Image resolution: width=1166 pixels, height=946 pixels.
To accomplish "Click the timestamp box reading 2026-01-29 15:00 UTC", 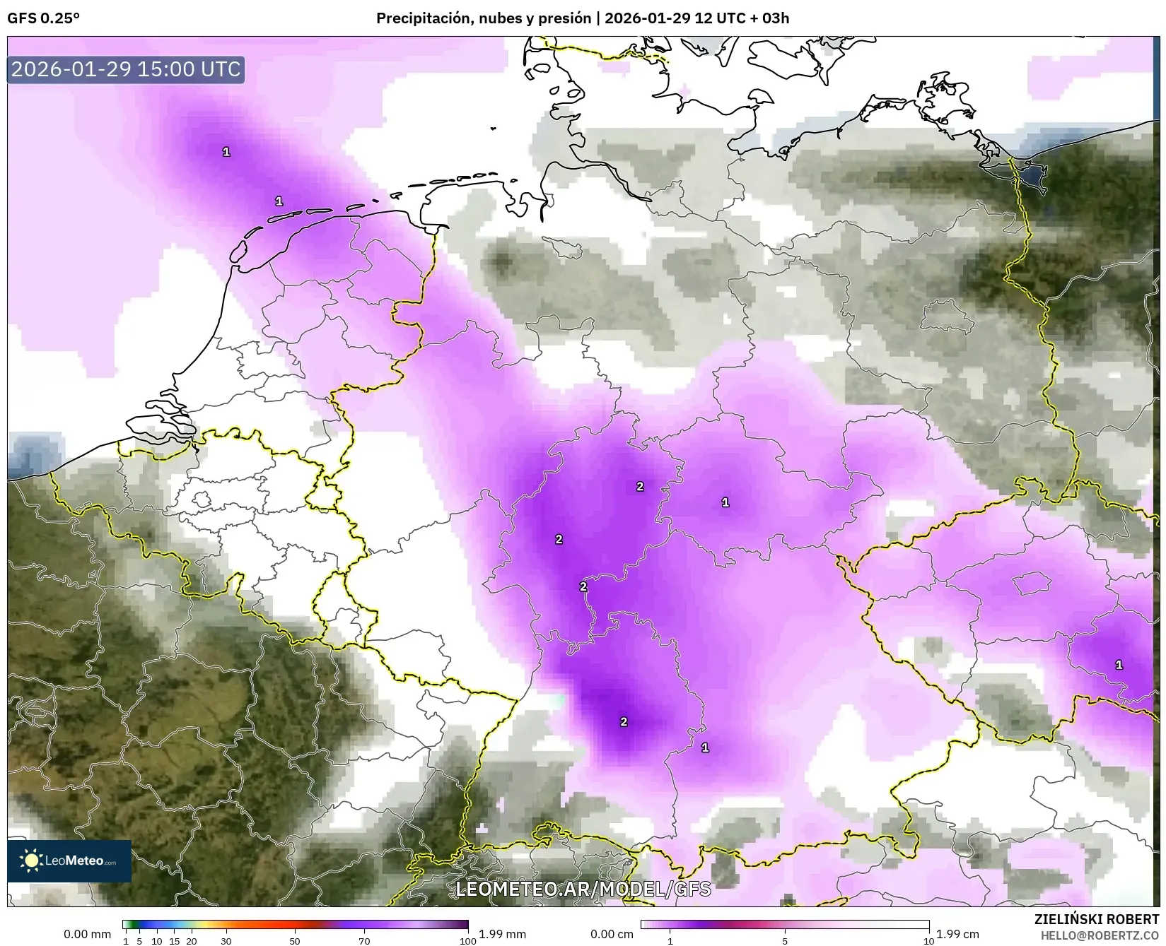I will [x=126, y=69].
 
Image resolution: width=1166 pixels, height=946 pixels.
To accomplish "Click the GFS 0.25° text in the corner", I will [x=43, y=18].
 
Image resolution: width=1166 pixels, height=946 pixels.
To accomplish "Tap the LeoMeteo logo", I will [x=69, y=861].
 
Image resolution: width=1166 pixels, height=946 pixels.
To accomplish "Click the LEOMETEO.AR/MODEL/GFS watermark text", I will [x=583, y=889].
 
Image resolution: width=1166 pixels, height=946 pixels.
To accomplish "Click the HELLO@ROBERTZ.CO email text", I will [x=1100, y=935].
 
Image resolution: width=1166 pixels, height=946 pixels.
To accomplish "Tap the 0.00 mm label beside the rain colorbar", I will [x=87, y=934].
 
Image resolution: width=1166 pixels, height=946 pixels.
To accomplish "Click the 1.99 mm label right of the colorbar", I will [x=502, y=934].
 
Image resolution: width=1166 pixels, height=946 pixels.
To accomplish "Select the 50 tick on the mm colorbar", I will [x=295, y=940].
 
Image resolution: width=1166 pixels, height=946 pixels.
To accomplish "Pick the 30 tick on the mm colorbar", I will [x=226, y=940].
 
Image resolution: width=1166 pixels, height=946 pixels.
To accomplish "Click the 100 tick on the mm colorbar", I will [x=467, y=940].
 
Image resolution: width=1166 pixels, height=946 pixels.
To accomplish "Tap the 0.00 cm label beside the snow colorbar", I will [x=612, y=934].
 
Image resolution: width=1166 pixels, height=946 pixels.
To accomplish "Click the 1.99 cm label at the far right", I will [x=957, y=934].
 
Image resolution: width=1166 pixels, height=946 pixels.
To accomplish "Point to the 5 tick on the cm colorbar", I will [x=786, y=940].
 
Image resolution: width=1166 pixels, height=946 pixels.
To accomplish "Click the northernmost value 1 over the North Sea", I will [x=226, y=151].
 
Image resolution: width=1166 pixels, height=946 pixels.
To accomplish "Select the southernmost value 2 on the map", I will [x=624, y=721].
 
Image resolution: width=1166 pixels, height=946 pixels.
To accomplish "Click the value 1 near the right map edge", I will [x=1119, y=664].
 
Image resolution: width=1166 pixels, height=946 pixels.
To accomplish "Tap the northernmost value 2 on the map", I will [x=640, y=486].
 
